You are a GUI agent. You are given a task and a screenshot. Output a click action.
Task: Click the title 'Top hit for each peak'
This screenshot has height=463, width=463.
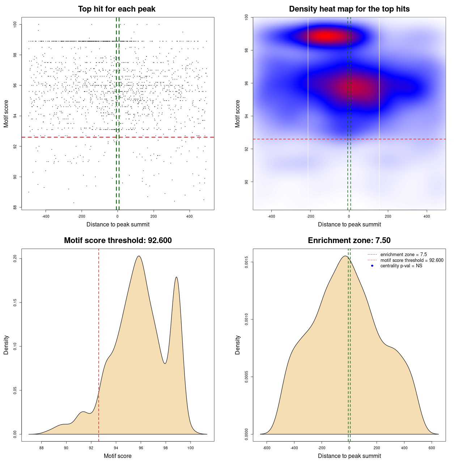tap(116, 9)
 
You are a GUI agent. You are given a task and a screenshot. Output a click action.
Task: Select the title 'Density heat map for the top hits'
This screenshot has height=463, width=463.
tap(349, 9)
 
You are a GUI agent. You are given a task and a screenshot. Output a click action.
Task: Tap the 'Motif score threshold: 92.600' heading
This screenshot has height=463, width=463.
tap(118, 241)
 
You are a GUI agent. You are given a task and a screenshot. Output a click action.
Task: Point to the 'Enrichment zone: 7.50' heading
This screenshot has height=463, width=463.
tap(349, 241)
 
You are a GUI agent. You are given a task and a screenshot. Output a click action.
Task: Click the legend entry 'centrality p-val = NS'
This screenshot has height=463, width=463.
tap(401, 266)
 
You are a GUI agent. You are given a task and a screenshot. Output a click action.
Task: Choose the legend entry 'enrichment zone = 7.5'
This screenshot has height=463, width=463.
tap(403, 255)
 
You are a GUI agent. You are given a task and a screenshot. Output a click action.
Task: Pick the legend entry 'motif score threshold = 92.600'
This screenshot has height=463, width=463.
tap(412, 260)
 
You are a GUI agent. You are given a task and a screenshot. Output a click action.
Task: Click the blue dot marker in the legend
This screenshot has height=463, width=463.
tap(372, 266)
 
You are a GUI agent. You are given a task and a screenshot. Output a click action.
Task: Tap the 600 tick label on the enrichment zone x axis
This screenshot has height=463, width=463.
tap(432, 448)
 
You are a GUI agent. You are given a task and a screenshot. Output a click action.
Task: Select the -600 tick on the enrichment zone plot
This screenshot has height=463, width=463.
tap(267, 448)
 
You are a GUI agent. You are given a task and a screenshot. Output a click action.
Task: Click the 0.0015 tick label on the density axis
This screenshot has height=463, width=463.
tap(247, 262)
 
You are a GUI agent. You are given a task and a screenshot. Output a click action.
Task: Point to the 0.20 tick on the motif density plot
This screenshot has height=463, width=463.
tap(15, 259)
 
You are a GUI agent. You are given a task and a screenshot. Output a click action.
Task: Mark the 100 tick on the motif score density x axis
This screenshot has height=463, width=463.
tap(191, 448)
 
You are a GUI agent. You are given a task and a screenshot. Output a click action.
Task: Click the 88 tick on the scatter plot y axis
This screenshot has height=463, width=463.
tap(15, 207)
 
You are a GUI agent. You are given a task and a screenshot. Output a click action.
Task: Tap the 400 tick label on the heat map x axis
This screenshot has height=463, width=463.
tap(427, 216)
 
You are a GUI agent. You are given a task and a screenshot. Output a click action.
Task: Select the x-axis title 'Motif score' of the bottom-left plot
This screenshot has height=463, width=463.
tap(118, 456)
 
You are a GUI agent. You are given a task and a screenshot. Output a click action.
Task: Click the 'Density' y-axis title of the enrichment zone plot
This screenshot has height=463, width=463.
tap(238, 345)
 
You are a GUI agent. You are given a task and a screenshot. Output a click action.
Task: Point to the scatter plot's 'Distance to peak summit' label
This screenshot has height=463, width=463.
tap(118, 224)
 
